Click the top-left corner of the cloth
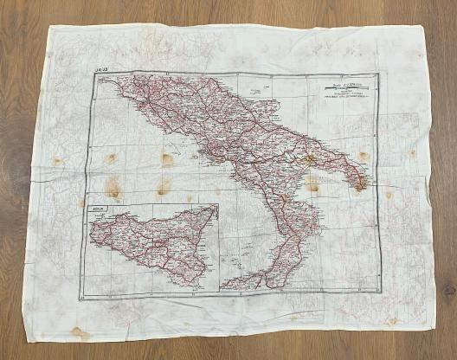(x=49, y=26)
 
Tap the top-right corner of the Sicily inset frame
(x=217, y=204)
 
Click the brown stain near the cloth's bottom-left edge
(x=80, y=332)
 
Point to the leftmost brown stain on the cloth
(x=57, y=161)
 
